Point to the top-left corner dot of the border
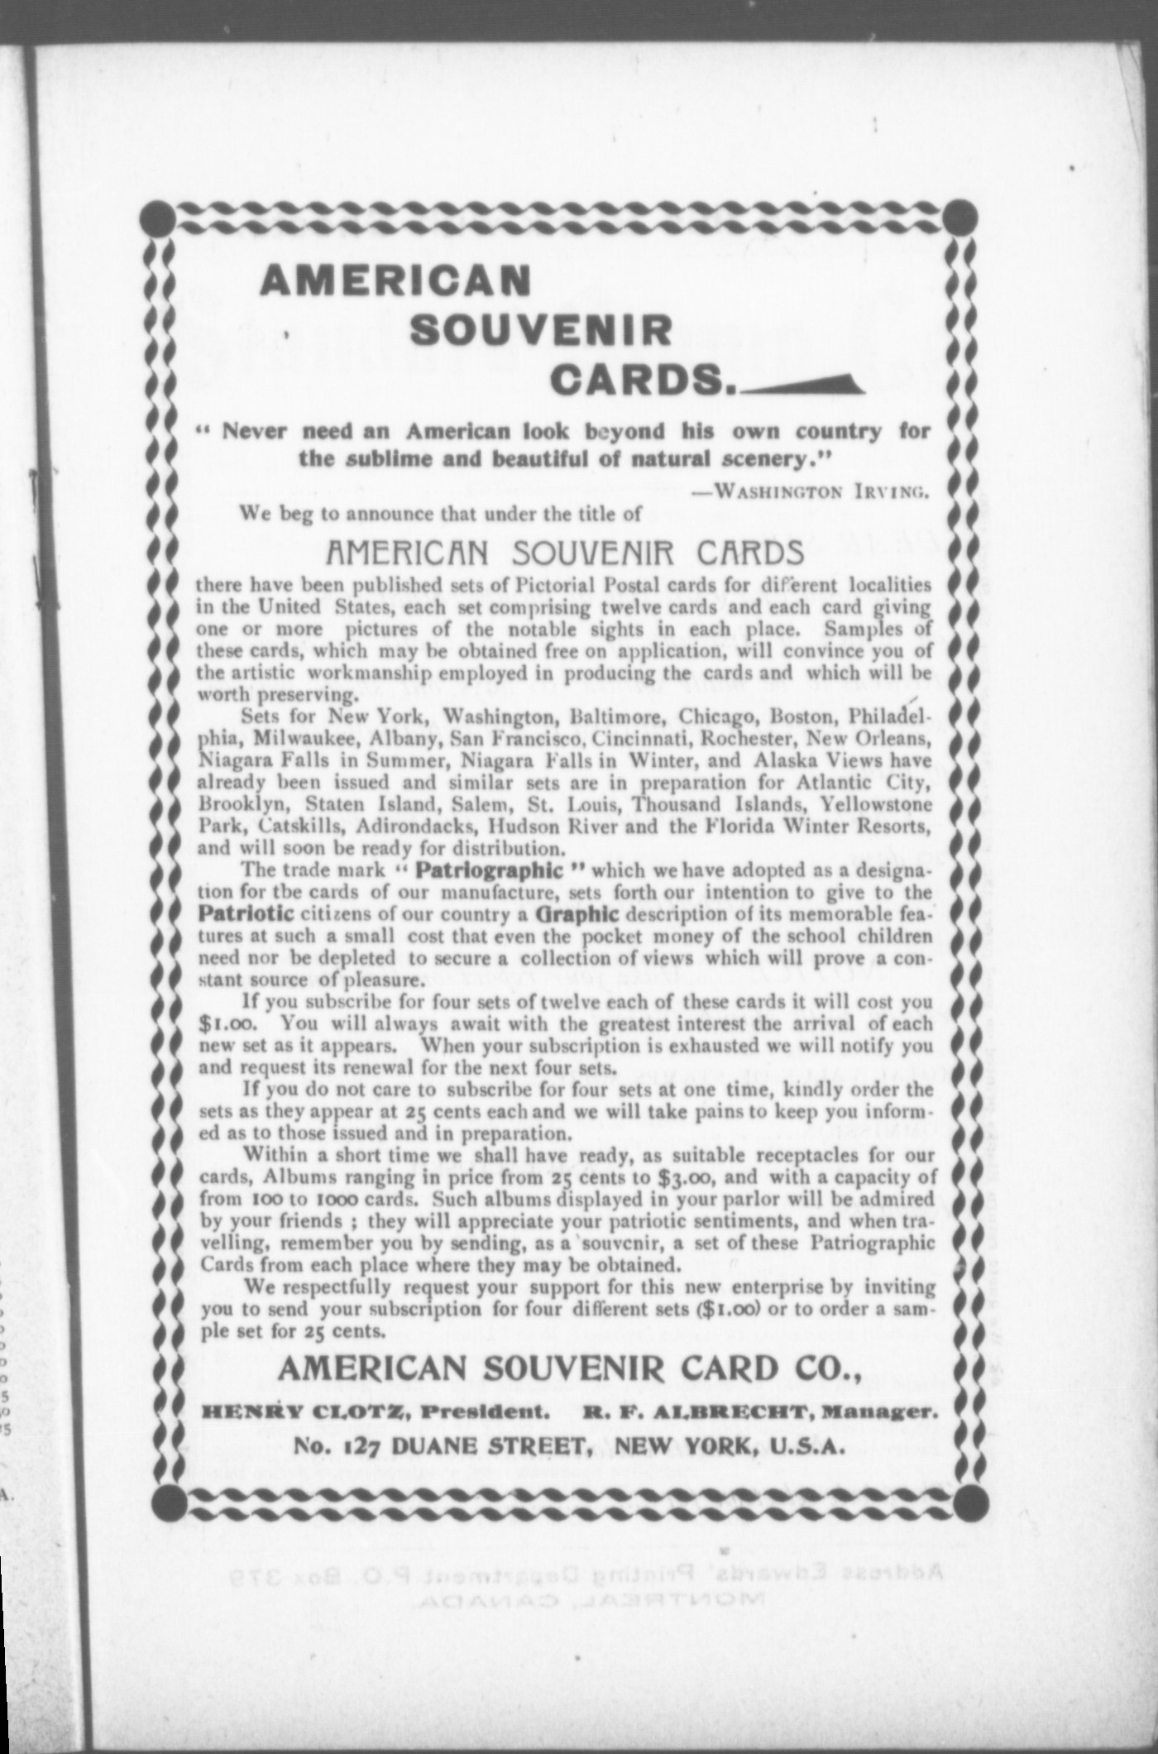click(x=164, y=218)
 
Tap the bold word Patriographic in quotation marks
click(x=490, y=870)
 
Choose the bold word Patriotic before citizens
click(x=246, y=914)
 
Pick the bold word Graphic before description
click(x=577, y=914)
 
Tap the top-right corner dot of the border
click(x=961, y=217)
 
